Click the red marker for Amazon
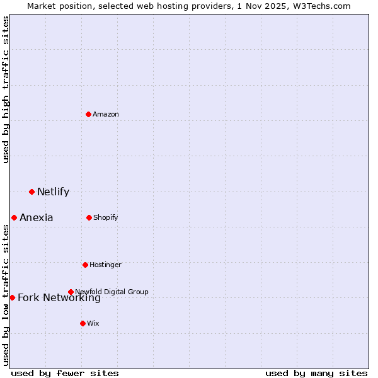pyautogui.click(x=88, y=114)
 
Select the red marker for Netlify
pyautogui.click(x=31, y=192)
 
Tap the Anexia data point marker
pyautogui.click(x=14, y=217)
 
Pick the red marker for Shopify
pyautogui.click(x=89, y=217)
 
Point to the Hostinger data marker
pyautogui.click(x=85, y=265)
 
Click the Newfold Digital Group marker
pyautogui.click(x=71, y=292)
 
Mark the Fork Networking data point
pyautogui.click(x=12, y=297)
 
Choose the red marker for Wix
pyautogui.click(x=83, y=323)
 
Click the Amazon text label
pyautogui.click(x=106, y=114)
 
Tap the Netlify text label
pyautogui.click(x=53, y=192)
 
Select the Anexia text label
pyautogui.click(x=37, y=217)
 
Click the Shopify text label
pyautogui.click(x=106, y=217)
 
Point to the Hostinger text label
pyautogui.click(x=105, y=265)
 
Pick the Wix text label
pyautogui.click(x=93, y=323)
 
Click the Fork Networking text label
pyautogui.click(x=59, y=298)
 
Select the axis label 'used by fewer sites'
pyautogui.click(x=65, y=373)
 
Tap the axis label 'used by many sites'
pyautogui.click(x=316, y=373)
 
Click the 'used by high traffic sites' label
pyautogui.click(x=6, y=89)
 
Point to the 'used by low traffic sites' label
pyautogui.click(x=6, y=295)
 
